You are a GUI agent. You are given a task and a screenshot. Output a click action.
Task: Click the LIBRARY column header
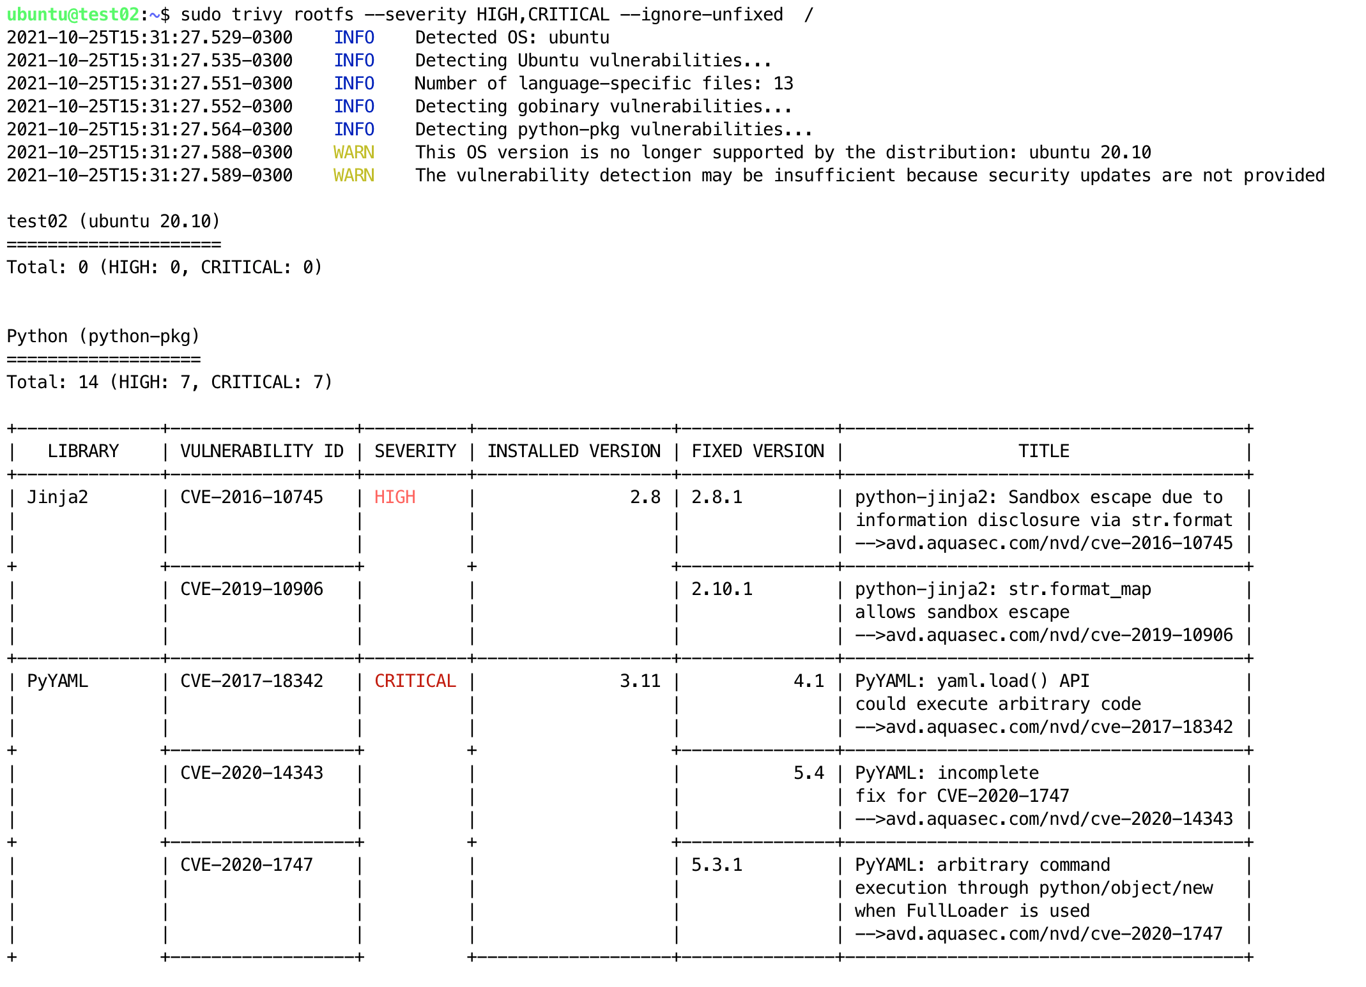pyautogui.click(x=83, y=451)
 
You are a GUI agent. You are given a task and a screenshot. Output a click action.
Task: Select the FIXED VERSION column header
pyautogui.click(x=758, y=451)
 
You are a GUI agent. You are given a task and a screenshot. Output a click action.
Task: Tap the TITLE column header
pyautogui.click(x=1043, y=451)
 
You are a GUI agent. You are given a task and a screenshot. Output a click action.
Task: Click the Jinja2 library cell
pyautogui.click(x=58, y=497)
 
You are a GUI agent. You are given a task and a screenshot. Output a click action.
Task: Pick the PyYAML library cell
pyautogui.click(x=58, y=681)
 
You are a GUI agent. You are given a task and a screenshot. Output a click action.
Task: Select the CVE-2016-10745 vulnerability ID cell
pyautogui.click(x=252, y=497)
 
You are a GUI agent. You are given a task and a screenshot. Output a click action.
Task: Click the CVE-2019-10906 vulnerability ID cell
pyautogui.click(x=252, y=589)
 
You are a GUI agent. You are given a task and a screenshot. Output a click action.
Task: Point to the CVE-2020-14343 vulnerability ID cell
pyautogui.click(x=252, y=773)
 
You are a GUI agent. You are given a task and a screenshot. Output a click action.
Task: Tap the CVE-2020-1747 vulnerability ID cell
pyautogui.click(x=247, y=865)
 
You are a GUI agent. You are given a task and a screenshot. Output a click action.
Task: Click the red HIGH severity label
pyautogui.click(x=395, y=497)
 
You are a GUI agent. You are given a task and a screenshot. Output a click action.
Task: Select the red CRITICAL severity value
pyautogui.click(x=415, y=681)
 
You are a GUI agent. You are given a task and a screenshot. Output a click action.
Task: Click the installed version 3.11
pyautogui.click(x=640, y=681)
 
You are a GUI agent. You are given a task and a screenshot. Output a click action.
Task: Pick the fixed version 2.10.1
pyautogui.click(x=722, y=589)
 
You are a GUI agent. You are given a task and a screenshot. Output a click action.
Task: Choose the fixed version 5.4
pyautogui.click(x=808, y=773)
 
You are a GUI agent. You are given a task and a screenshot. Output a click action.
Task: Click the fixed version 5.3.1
pyautogui.click(x=717, y=865)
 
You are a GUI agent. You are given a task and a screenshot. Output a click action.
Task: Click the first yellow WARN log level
pyautogui.click(x=354, y=153)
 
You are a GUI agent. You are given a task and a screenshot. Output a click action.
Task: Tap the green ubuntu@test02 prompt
pyautogui.click(x=73, y=14)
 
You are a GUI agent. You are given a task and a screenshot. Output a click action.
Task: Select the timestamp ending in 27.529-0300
pyautogui.click(x=150, y=38)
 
